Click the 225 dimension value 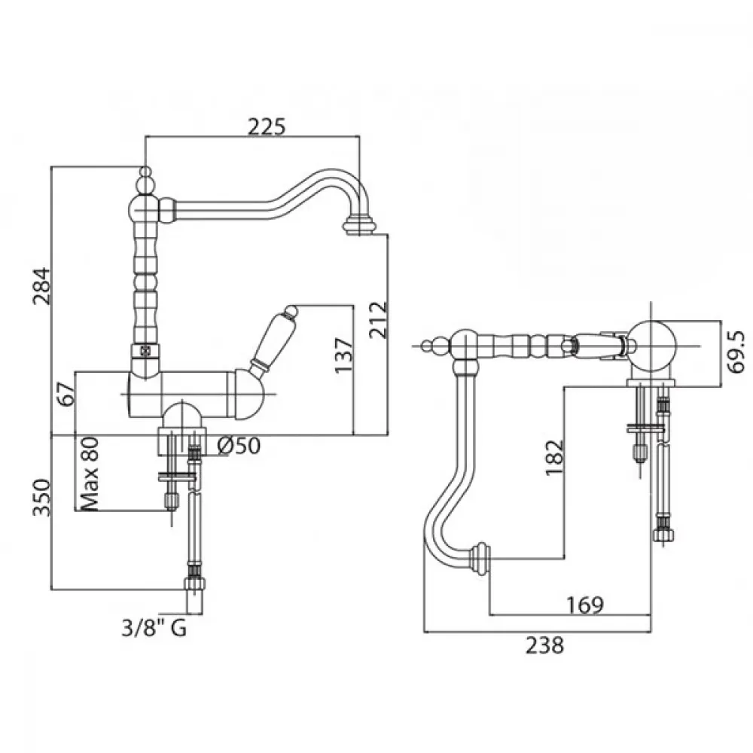267,127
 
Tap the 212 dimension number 378,320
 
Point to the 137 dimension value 344,355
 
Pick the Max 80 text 90,474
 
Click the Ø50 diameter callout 239,446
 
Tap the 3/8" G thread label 154,628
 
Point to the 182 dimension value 555,457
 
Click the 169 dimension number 584,605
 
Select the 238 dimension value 544,645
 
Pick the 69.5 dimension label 736,352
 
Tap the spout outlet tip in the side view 358,226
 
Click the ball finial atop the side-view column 145,173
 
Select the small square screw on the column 144,351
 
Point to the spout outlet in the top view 480,559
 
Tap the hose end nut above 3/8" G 194,584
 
